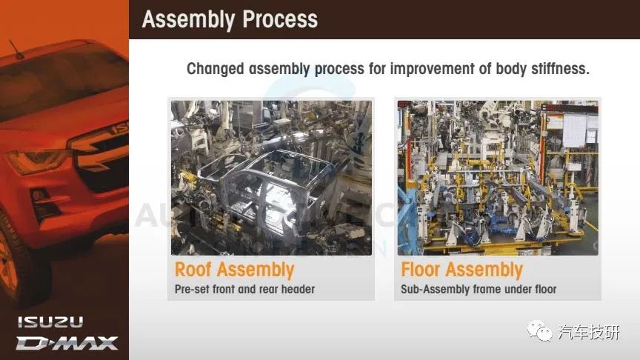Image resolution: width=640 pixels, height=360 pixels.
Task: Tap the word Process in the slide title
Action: [x=280, y=19]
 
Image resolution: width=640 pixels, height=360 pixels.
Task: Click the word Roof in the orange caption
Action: [x=193, y=270]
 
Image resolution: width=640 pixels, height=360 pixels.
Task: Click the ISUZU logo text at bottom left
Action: [x=50, y=322]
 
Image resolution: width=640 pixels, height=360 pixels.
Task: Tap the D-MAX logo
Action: [x=67, y=343]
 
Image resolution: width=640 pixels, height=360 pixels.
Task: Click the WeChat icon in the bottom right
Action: [x=539, y=330]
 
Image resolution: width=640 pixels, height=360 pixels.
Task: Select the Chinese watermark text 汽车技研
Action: [x=589, y=333]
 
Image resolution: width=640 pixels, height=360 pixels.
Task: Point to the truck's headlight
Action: [x=37, y=160]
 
